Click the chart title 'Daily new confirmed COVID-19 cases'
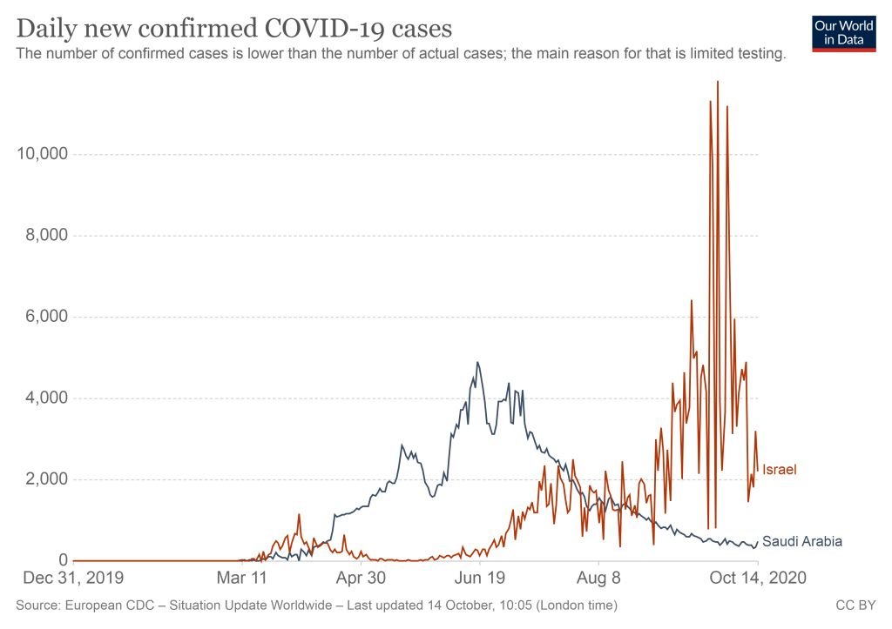click(x=234, y=28)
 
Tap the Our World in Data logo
click(x=843, y=34)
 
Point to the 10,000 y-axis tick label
click(x=42, y=153)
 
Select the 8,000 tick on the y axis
click(x=46, y=235)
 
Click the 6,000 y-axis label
click(x=46, y=316)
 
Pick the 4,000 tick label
click(x=46, y=398)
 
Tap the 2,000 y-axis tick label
click(x=46, y=478)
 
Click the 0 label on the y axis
click(x=63, y=560)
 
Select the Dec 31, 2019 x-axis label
click(x=73, y=578)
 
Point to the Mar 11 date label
click(x=242, y=578)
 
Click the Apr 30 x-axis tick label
click(x=361, y=578)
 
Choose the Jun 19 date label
click(x=480, y=578)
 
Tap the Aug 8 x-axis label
click(x=598, y=578)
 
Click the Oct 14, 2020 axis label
click(x=758, y=578)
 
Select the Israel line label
click(x=780, y=469)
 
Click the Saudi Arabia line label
click(x=802, y=541)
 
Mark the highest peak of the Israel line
click(x=718, y=82)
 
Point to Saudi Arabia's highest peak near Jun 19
click(x=477, y=363)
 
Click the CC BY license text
click(x=855, y=606)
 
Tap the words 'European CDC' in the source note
click(x=110, y=606)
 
